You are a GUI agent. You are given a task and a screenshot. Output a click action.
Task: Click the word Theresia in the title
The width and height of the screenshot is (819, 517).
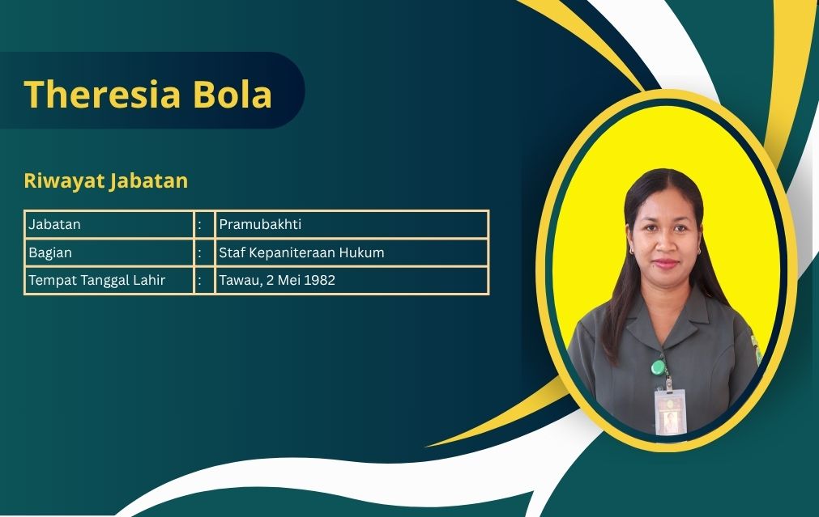[x=102, y=95]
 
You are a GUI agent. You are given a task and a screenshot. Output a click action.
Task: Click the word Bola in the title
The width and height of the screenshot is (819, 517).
[x=232, y=95]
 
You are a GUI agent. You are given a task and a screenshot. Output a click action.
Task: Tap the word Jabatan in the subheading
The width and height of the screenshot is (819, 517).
[x=149, y=180]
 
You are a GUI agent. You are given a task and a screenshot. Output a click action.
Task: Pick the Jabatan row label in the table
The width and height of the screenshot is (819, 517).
[x=54, y=224]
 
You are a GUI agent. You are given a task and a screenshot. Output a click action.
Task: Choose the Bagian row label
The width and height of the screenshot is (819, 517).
[x=50, y=253]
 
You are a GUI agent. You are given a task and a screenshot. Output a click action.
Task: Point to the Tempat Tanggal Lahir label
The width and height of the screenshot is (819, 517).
[x=96, y=281]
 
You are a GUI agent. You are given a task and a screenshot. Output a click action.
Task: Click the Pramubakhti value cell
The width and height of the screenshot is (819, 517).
[x=260, y=224]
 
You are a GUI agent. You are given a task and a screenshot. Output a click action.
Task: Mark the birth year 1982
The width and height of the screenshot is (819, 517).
[x=319, y=280]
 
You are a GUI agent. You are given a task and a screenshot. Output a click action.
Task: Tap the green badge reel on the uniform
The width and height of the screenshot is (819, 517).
[x=659, y=368]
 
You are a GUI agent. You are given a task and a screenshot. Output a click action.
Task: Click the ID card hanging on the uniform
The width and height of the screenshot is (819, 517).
[x=670, y=412]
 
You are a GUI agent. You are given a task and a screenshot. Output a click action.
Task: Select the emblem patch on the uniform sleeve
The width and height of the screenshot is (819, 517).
[x=756, y=348]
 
